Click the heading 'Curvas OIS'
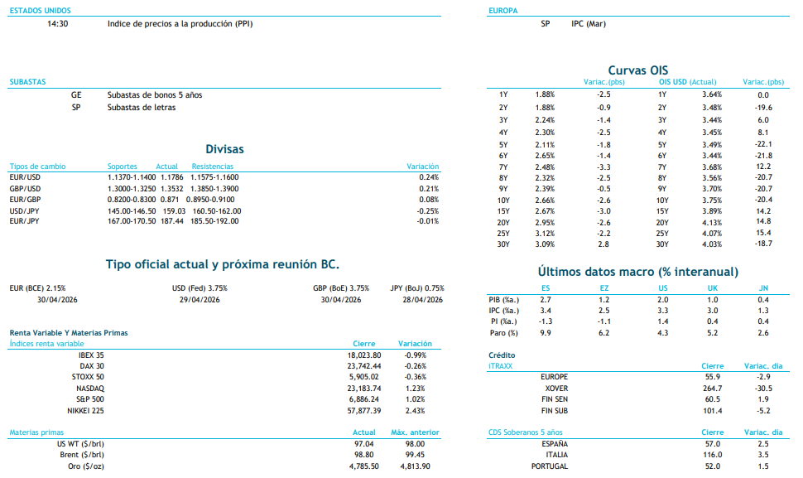click(x=637, y=70)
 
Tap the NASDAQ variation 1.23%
click(x=415, y=389)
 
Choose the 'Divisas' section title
click(x=227, y=150)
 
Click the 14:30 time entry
click(x=58, y=24)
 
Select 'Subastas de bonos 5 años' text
click(x=154, y=95)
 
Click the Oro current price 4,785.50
click(x=363, y=466)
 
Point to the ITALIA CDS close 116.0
click(x=712, y=455)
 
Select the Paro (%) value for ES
click(x=545, y=333)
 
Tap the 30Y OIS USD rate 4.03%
click(x=712, y=244)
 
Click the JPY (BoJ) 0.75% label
click(x=417, y=288)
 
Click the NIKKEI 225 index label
click(x=86, y=411)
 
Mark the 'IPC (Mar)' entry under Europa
click(x=589, y=24)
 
